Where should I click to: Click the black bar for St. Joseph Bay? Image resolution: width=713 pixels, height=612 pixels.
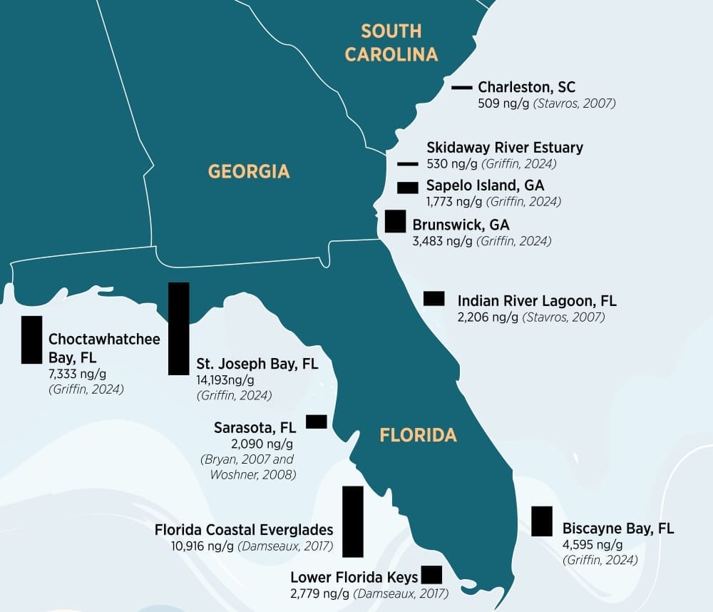pyautogui.click(x=178, y=328)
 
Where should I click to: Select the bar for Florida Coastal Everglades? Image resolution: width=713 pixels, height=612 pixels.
pyautogui.click(x=353, y=521)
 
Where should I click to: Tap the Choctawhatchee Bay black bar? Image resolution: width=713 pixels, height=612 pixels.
pyautogui.click(x=31, y=340)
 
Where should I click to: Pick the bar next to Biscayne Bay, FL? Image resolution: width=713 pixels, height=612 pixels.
pyautogui.click(x=542, y=521)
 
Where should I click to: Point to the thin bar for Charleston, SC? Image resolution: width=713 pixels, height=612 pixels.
pyautogui.click(x=462, y=87)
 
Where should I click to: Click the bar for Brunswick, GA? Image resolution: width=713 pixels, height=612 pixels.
pyautogui.click(x=395, y=221)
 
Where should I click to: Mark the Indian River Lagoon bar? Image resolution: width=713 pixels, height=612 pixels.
pyautogui.click(x=434, y=298)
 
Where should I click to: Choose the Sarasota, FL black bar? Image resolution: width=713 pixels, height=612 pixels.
pyautogui.click(x=316, y=422)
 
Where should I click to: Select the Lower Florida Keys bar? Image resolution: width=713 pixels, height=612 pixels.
pyautogui.click(x=431, y=574)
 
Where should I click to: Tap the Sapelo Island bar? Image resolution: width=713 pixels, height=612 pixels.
pyautogui.click(x=408, y=188)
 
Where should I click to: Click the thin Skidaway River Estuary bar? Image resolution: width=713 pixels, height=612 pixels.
pyautogui.click(x=408, y=163)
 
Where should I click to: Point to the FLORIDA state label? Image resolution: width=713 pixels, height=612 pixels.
pyautogui.click(x=418, y=435)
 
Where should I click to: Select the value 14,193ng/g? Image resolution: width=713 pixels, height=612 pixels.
pyautogui.click(x=225, y=379)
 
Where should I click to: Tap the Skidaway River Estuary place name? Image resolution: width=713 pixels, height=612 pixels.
pyautogui.click(x=505, y=148)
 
